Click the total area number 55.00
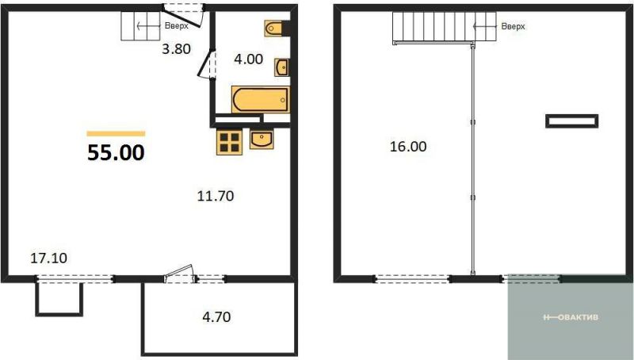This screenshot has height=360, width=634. [116, 153]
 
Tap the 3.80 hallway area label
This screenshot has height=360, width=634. [176, 49]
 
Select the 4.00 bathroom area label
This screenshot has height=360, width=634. [248, 59]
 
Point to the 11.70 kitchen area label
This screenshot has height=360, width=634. [216, 196]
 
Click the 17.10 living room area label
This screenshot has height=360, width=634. [49, 258]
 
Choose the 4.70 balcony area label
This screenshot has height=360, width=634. [216, 316]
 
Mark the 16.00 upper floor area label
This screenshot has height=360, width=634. [408, 147]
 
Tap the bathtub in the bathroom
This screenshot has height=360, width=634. [261, 99]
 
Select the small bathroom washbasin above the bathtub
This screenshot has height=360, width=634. [281, 67]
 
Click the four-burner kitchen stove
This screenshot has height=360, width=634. [229, 142]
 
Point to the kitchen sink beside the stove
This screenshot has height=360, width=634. [262, 139]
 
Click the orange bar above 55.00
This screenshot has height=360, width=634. [116, 134]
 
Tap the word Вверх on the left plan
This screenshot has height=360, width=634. [176, 26]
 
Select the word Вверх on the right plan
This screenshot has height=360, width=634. [513, 26]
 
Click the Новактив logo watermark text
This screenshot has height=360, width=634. [571, 317]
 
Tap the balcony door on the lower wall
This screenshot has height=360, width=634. [180, 274]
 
